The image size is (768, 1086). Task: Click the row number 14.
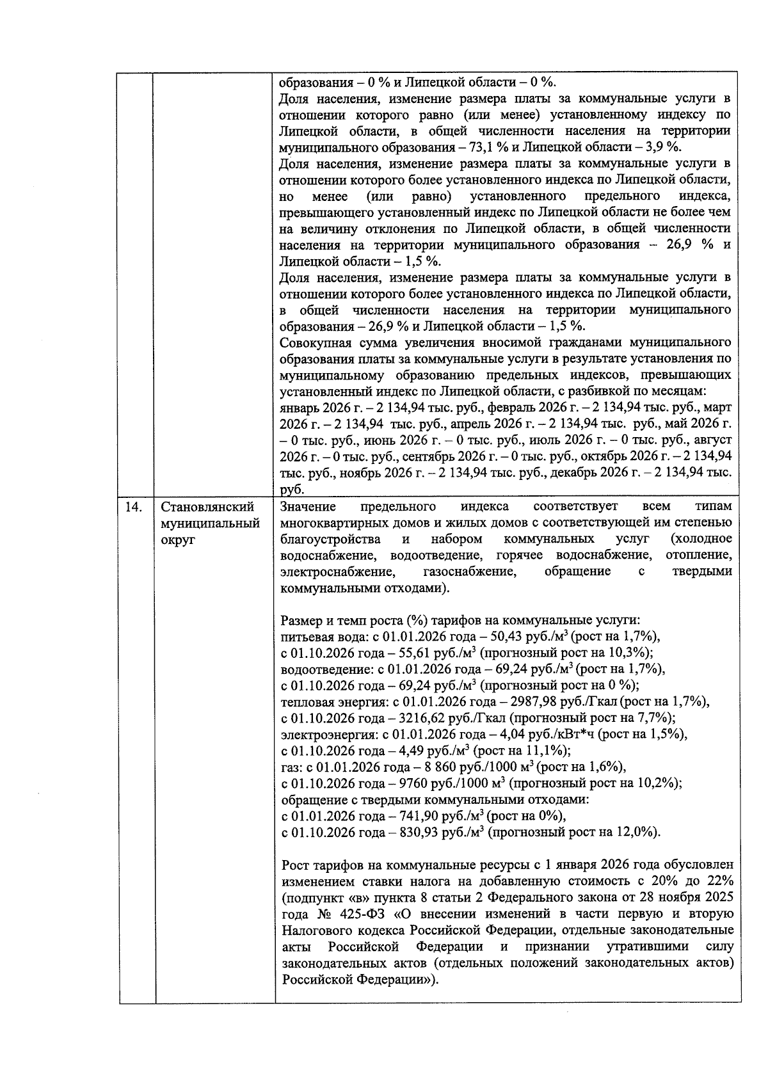pos(133,507)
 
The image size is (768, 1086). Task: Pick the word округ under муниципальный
pos(178,539)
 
